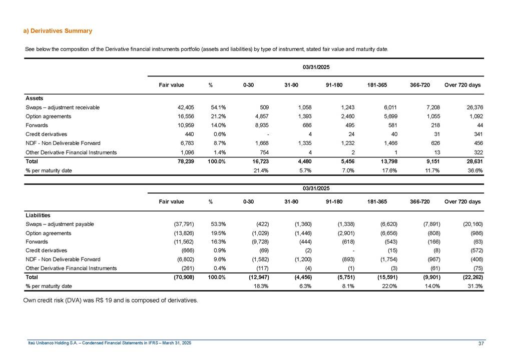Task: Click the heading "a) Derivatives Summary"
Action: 58,31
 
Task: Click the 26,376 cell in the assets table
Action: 470,107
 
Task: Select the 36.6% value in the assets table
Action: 473,171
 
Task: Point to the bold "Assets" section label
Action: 35,98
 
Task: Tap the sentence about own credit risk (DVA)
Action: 111,300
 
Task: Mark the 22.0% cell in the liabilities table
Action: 388,286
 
